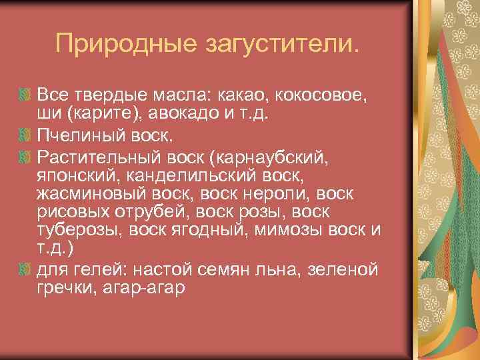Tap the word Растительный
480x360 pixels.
pos(97,159)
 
